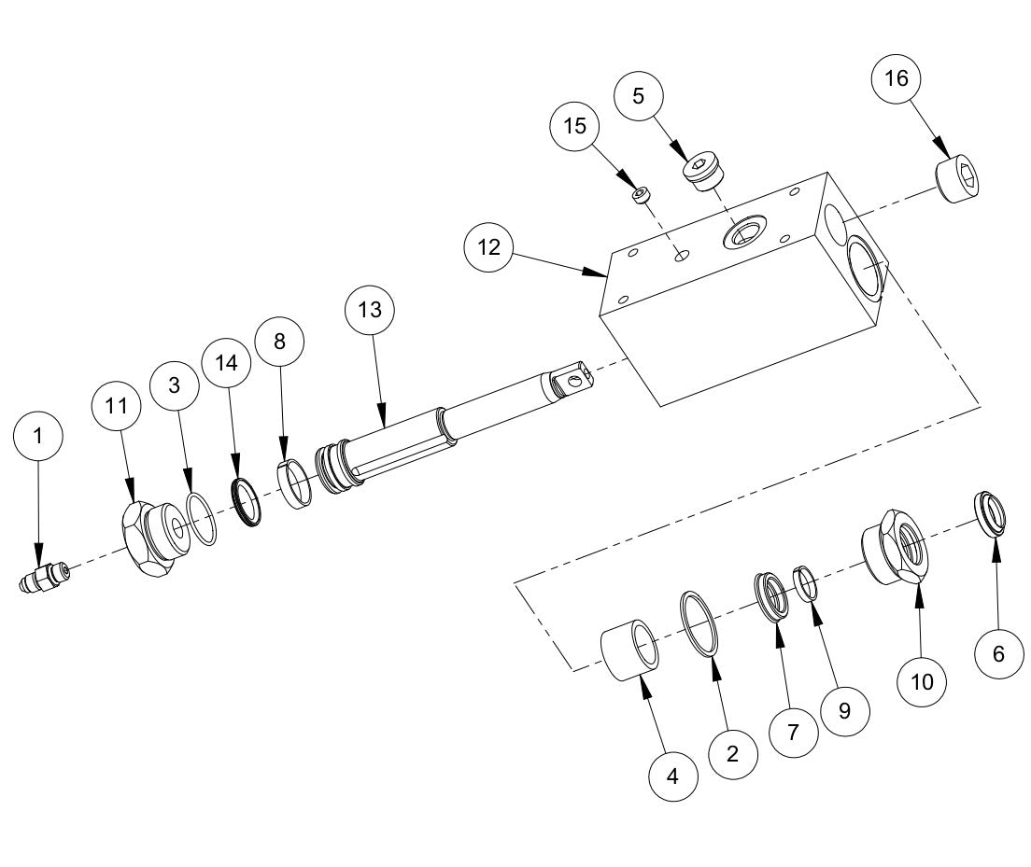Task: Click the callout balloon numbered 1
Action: coord(38,436)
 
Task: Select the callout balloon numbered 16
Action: coord(896,79)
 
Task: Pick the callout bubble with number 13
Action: coord(370,310)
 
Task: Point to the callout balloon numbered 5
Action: coord(638,95)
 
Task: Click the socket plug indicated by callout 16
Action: coord(961,179)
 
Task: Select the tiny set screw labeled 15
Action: coord(641,195)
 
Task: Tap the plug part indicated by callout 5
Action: coord(708,173)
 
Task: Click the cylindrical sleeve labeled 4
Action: coord(632,650)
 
